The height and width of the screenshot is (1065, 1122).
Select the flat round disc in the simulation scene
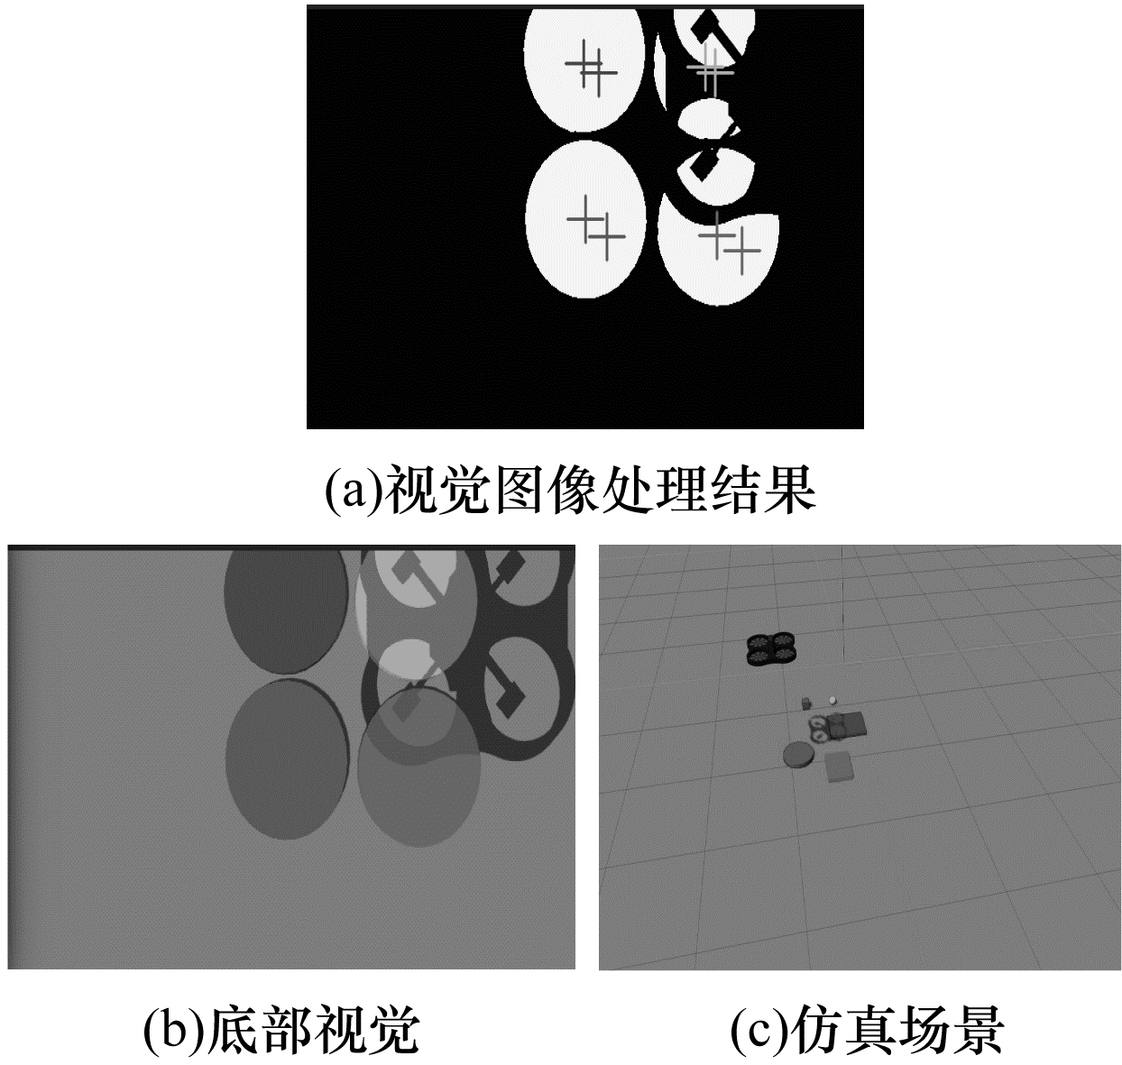798,757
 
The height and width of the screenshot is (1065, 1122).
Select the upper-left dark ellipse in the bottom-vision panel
286,611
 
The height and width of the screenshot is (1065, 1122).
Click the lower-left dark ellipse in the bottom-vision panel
287,759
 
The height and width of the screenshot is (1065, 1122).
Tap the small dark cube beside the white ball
806,703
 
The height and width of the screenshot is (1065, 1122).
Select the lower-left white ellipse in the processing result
585,219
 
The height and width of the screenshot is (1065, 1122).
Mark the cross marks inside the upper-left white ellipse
592,69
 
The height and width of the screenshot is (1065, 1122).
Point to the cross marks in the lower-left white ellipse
596,228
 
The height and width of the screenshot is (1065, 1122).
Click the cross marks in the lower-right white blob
730,243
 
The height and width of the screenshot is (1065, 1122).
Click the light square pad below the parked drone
839,767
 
